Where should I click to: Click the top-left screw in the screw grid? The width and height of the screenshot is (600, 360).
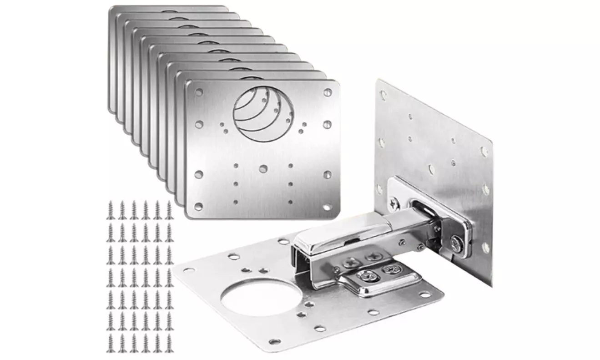coord(110,209)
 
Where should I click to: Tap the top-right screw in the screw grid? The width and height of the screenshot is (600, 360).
coord(169,209)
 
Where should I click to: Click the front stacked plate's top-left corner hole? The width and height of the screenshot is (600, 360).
coord(199,92)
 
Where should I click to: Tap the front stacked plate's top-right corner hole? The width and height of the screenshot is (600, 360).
coord(327,92)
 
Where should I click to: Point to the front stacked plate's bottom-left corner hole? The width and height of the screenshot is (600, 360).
coord(198,207)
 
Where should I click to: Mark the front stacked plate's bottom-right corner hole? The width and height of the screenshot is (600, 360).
coord(327,207)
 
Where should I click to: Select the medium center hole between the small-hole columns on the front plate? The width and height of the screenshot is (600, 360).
coord(263,168)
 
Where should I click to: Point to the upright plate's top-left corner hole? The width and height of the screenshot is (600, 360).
coord(383,96)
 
